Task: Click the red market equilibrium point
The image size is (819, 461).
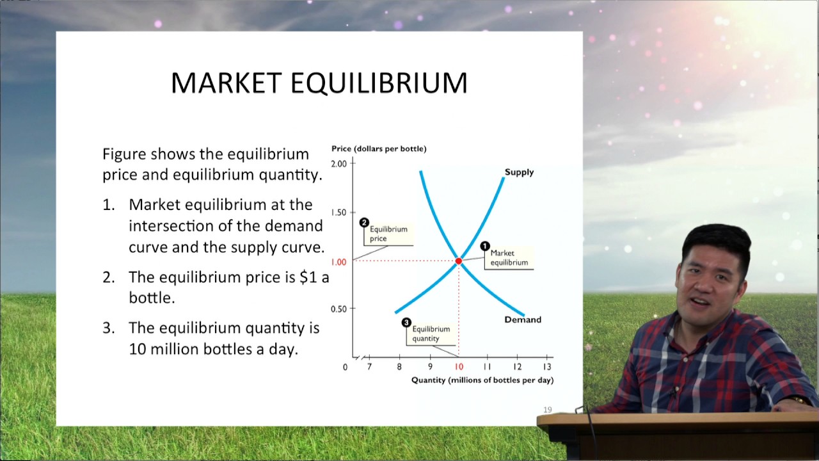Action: coord(459,261)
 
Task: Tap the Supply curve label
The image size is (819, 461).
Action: coord(518,172)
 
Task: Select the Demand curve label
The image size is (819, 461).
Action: coord(522,319)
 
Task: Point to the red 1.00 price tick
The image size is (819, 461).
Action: coord(338,262)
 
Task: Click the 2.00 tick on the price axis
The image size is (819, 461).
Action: coord(338,163)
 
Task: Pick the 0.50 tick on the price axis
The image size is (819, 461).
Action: coord(338,309)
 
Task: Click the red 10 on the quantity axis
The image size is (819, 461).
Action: coord(459,367)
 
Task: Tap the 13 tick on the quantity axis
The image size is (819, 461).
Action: coord(547,367)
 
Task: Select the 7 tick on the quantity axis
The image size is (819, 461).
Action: coord(369,367)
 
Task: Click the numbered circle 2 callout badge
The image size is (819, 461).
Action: coord(364,223)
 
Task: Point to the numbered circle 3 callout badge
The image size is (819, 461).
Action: coord(406,322)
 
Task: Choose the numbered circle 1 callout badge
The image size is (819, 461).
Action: coord(484,246)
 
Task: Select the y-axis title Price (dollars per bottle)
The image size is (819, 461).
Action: coord(379,149)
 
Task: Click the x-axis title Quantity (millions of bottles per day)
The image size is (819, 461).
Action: coord(482,380)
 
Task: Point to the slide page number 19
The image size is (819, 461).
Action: coord(547,410)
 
